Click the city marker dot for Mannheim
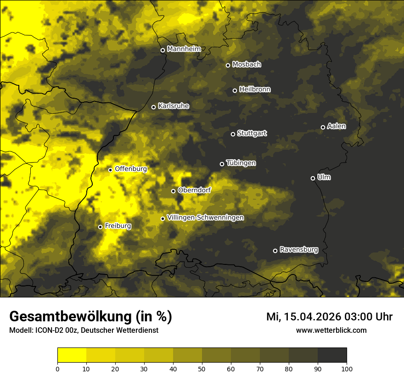163,50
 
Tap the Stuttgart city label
252,133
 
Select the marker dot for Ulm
313,178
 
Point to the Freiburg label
118,226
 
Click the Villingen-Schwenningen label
205,218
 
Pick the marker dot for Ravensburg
275,251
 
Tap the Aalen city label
336,126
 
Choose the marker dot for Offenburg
110,170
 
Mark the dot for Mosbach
228,65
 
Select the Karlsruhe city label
173,106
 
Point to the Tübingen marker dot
222,164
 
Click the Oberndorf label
194,190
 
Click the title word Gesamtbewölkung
70,317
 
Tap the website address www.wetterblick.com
331,330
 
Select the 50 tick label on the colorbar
202,368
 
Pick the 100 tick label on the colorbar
347,368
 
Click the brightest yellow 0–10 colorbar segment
72,355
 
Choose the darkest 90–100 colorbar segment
332,355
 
